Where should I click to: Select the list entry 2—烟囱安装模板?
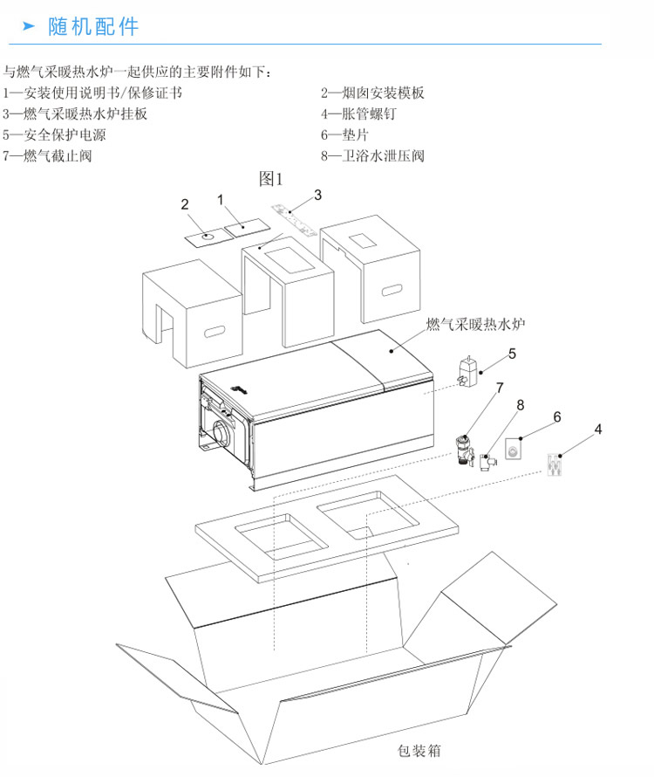372,93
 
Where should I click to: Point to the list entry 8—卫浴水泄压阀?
372,157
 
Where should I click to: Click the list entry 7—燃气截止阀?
47,157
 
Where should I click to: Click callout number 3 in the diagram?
318,194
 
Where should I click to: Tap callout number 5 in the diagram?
512,354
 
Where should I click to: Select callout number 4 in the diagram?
598,429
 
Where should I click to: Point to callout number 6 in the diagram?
555,417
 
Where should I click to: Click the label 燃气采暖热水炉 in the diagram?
475,325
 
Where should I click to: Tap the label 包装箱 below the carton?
419,750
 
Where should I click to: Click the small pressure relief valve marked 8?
491,457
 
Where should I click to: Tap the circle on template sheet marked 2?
206,235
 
